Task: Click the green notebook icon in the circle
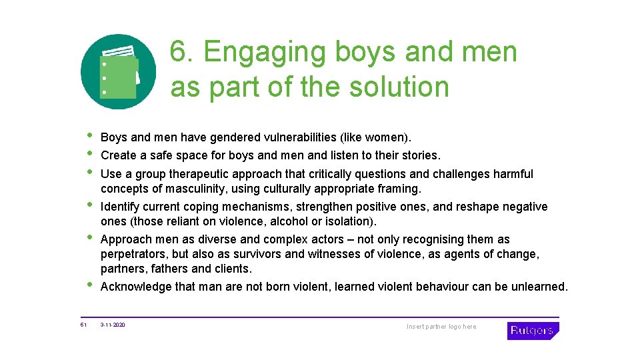119,72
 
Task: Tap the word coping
201,207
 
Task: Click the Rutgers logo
532,331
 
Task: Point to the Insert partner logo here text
441,327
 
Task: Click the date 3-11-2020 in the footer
113,325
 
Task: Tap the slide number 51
84,325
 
